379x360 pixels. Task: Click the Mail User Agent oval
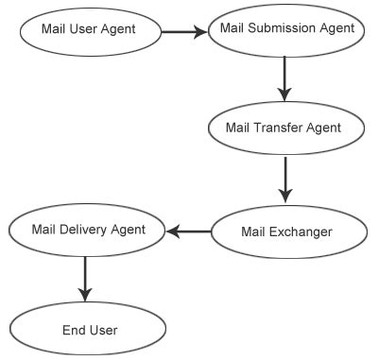(89, 29)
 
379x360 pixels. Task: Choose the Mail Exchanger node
(286, 230)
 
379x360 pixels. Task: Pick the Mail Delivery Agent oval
(88, 230)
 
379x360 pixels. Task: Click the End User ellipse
(89, 330)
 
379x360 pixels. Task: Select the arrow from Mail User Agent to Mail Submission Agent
(183, 30)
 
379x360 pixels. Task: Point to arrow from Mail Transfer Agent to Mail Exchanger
(284, 179)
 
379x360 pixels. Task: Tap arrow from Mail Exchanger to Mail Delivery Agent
(188, 230)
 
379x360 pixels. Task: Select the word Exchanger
(301, 230)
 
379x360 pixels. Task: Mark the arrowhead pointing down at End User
(85, 291)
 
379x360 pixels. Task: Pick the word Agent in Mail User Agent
(118, 29)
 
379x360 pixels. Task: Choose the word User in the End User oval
(102, 330)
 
